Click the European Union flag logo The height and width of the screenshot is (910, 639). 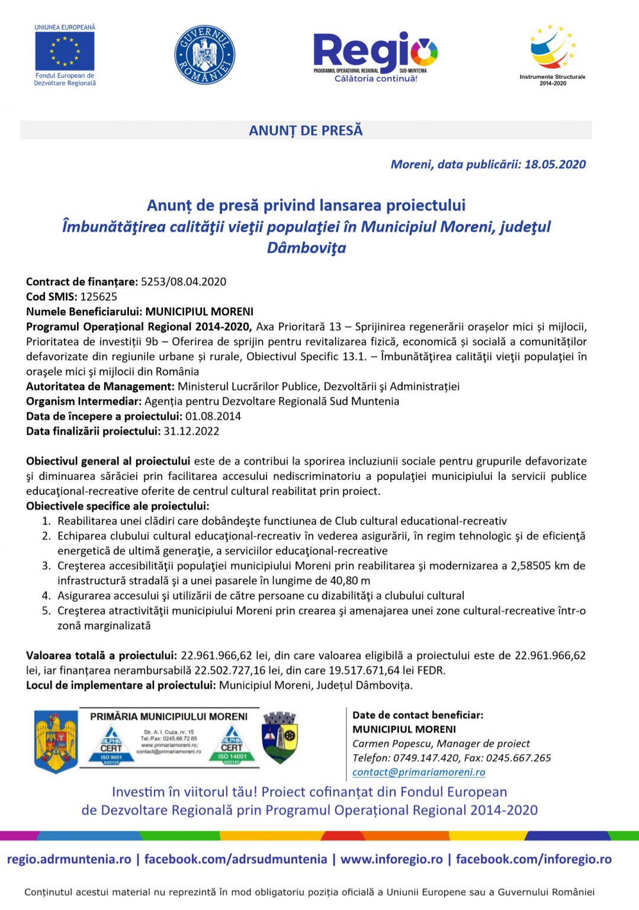point(65,52)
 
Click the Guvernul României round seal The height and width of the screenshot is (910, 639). point(204,55)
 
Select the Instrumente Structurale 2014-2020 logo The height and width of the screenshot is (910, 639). point(553,53)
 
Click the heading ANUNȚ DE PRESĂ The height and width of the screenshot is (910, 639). point(306,130)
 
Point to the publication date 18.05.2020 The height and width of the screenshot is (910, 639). point(555,165)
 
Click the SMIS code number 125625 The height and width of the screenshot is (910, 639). point(99,297)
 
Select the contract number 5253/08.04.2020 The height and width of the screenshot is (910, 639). point(184,282)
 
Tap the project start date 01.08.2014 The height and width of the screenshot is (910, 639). point(213,416)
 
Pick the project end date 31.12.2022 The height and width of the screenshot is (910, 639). point(191,431)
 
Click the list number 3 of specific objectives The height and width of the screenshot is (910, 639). point(46,566)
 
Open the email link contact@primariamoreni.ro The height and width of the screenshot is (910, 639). point(419,773)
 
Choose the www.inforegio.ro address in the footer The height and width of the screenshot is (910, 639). point(391,860)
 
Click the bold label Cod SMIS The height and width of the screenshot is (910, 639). point(52,297)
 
